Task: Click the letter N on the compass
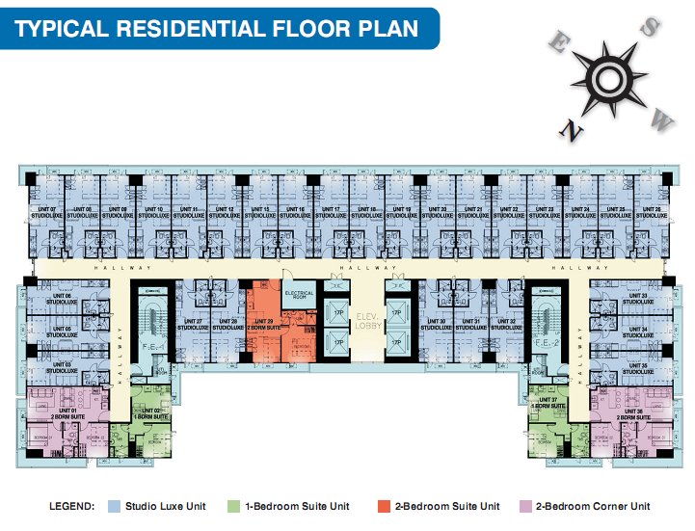point(573,130)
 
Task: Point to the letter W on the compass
point(660,119)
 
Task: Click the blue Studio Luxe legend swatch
point(114,506)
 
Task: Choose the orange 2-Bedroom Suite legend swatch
point(383,506)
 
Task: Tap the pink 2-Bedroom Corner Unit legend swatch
point(525,506)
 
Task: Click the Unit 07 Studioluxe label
point(32,211)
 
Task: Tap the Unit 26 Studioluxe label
point(650,211)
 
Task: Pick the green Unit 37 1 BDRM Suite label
point(548,402)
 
